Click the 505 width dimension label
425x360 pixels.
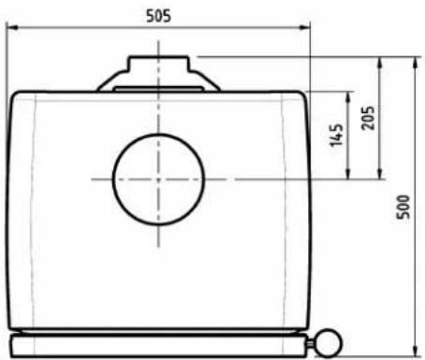(x=159, y=16)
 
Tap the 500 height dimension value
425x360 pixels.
(x=403, y=207)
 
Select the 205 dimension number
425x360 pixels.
(x=368, y=118)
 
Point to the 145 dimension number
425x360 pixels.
(x=336, y=135)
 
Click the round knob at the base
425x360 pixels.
(x=330, y=342)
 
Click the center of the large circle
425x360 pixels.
(x=158, y=180)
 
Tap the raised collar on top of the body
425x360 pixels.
(x=158, y=74)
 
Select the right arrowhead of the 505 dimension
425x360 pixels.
(x=305, y=28)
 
